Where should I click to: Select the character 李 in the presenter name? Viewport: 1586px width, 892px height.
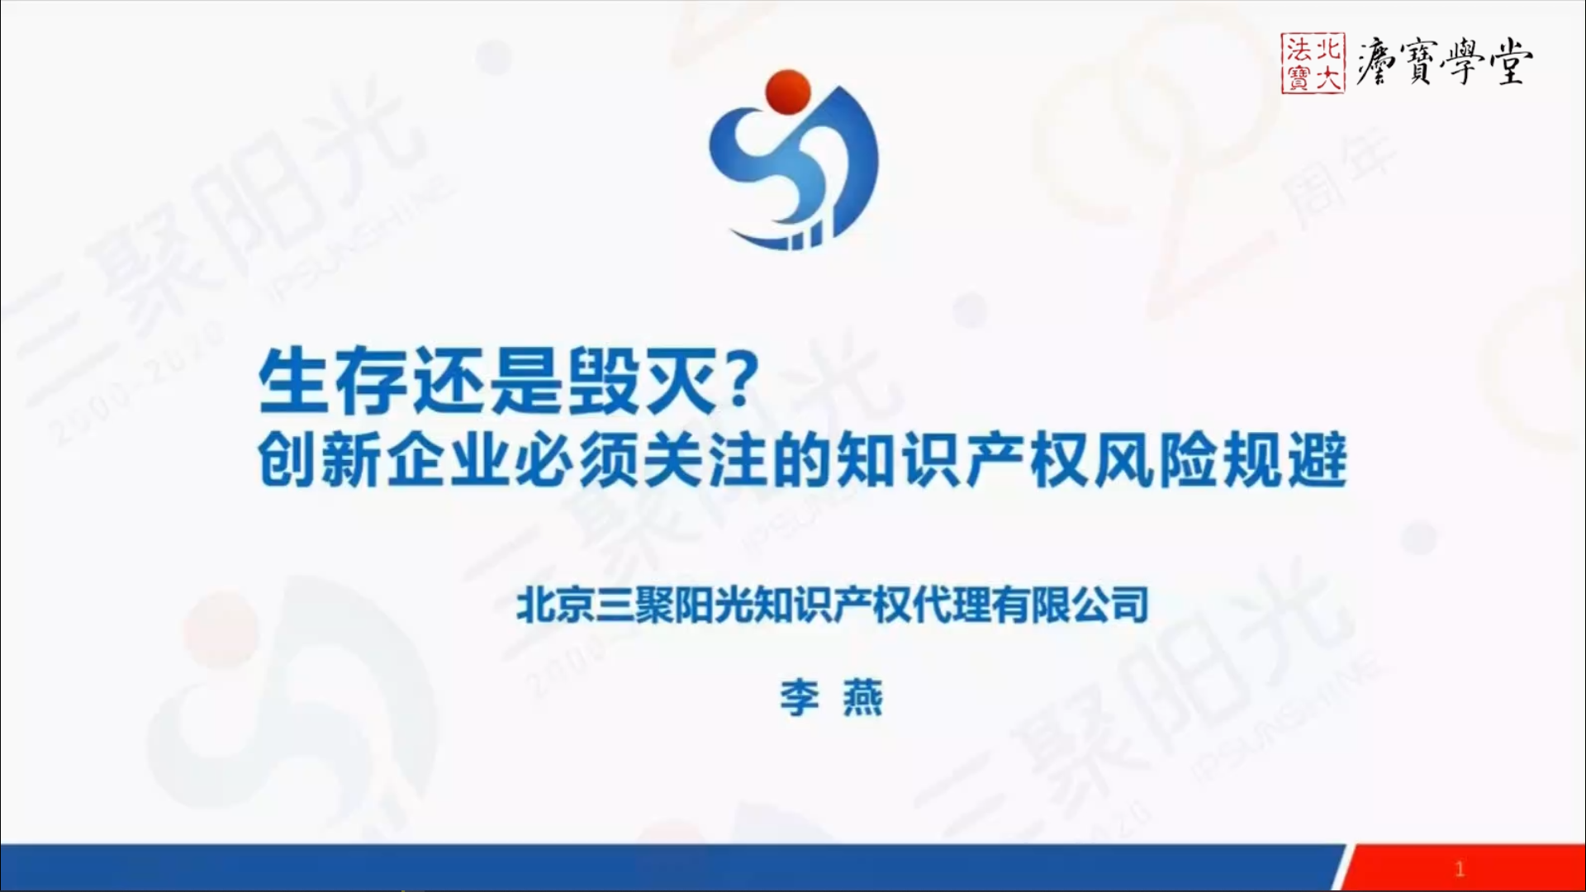point(800,698)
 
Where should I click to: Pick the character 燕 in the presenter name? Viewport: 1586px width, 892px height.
point(862,698)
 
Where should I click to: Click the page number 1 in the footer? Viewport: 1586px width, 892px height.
point(1460,869)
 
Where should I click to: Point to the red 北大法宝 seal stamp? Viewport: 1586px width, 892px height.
point(1313,63)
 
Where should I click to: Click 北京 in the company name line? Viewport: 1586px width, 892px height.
point(556,605)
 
